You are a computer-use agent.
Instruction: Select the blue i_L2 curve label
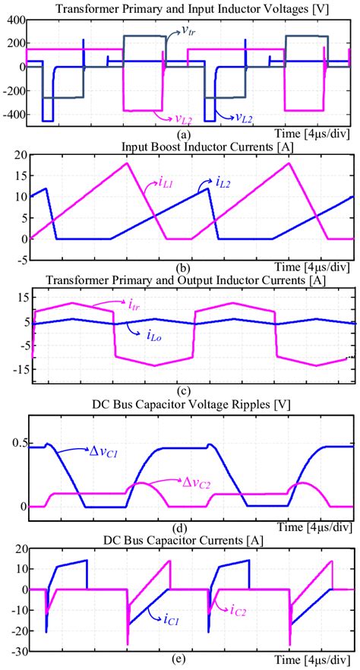tap(210, 183)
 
